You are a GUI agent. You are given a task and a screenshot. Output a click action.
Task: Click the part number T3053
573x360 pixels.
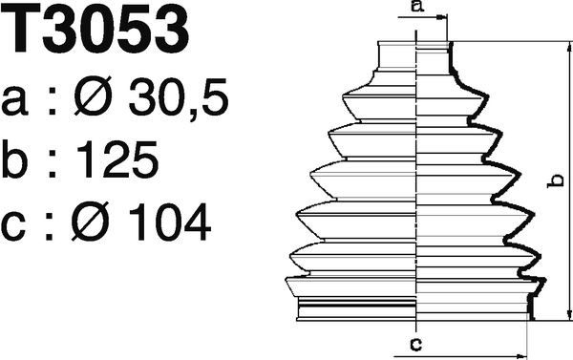(x=95, y=29)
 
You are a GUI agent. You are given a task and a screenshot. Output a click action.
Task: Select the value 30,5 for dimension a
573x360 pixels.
(x=178, y=97)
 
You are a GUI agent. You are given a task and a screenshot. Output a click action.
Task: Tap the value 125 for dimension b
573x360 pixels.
(x=117, y=159)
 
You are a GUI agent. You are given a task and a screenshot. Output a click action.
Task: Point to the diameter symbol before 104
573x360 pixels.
(x=91, y=222)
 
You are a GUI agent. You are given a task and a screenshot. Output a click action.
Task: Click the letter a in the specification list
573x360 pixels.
(x=14, y=102)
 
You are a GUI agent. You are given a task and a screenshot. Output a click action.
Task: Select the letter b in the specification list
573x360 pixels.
(x=14, y=159)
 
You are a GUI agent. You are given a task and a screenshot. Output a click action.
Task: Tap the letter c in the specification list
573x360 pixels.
(x=14, y=226)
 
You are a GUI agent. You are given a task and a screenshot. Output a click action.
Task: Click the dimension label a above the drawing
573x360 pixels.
(x=417, y=7)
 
